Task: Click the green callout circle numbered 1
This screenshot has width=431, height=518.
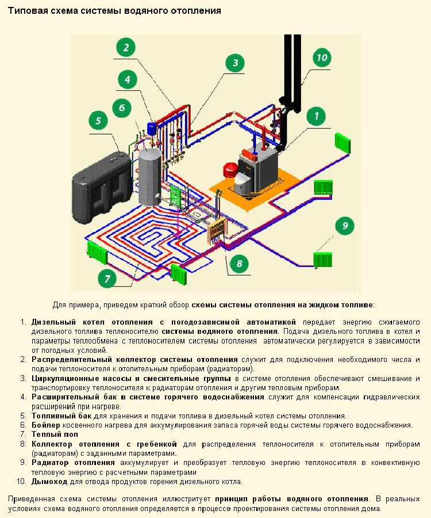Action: (x=315, y=116)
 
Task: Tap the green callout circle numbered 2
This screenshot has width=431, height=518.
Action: (x=126, y=47)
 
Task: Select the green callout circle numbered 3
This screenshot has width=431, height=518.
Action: (x=234, y=63)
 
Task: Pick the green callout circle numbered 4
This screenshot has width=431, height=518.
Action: (x=128, y=79)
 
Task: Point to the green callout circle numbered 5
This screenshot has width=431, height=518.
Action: (x=98, y=120)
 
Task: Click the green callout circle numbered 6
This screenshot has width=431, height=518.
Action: (x=121, y=107)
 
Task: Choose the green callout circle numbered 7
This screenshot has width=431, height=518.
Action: (x=106, y=279)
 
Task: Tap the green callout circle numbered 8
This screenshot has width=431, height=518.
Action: (x=239, y=264)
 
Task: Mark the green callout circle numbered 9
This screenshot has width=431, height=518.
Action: (x=344, y=225)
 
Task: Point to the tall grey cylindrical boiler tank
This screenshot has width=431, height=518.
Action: (x=151, y=176)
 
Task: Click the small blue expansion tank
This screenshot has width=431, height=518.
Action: (x=153, y=127)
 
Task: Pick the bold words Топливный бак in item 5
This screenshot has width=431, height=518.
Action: (x=60, y=416)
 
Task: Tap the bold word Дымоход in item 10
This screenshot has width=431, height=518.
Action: (x=50, y=481)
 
